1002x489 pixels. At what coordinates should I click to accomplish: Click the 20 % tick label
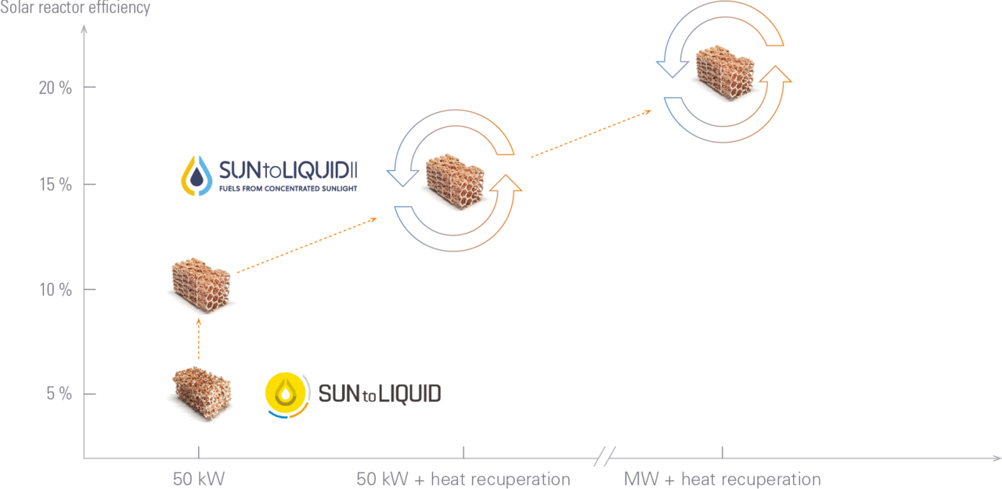tap(55, 88)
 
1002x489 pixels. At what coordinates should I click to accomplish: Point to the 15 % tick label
tap(56, 184)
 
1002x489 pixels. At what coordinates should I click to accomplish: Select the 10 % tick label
tap(56, 290)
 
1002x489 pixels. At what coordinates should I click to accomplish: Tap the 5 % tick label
tap(59, 393)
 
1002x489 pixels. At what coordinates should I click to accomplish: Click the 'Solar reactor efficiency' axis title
tap(75, 8)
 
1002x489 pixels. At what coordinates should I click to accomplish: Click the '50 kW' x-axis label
tap(199, 479)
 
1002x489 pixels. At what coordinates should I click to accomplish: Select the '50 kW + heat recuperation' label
tap(463, 479)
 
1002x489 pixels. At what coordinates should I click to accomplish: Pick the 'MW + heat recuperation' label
tap(722, 479)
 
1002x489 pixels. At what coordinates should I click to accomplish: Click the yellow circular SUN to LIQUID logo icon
tap(287, 395)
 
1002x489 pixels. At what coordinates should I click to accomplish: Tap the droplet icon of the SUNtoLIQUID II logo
tap(196, 176)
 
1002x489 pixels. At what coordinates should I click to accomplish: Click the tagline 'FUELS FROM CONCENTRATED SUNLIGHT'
tap(288, 189)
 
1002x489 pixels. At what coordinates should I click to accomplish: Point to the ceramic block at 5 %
tap(202, 393)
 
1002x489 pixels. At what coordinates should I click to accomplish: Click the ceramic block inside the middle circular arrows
tap(455, 181)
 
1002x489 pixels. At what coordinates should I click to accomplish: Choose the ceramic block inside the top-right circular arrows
tap(725, 73)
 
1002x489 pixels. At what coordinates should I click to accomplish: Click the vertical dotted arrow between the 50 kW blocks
tap(199, 339)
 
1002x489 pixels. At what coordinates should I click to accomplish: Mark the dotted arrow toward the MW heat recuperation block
tap(591, 133)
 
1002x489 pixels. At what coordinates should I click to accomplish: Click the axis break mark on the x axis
tap(605, 457)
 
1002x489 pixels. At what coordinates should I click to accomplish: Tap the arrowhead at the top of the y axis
tap(84, 29)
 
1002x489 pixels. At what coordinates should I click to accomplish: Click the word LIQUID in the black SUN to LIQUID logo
tap(409, 394)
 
